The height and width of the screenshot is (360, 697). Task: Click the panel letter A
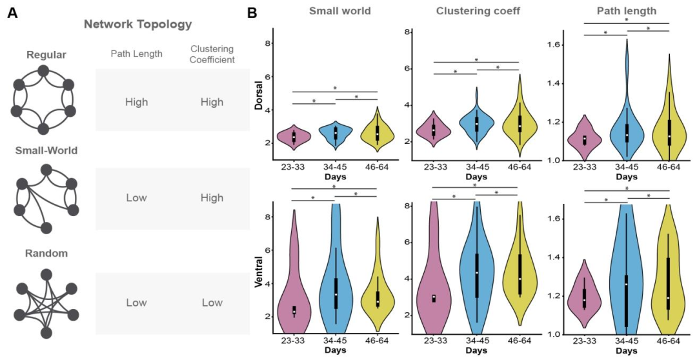tap(12, 12)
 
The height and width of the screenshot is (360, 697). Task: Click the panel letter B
tap(253, 12)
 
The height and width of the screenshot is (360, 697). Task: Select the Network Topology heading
tap(137, 25)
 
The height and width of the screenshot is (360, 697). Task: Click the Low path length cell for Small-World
tap(137, 198)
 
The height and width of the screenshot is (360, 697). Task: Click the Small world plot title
tap(335, 11)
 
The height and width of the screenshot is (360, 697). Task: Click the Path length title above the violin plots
tap(626, 11)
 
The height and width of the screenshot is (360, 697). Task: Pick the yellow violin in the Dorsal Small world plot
tap(376, 130)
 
